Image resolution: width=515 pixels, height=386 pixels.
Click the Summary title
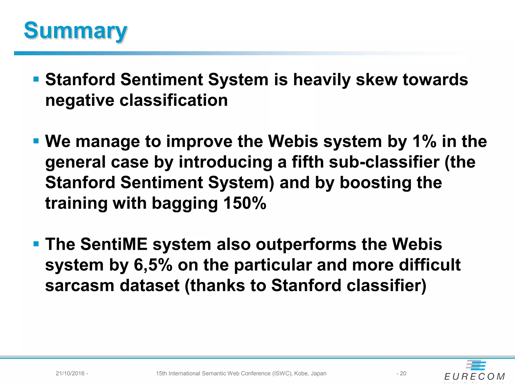click(x=75, y=31)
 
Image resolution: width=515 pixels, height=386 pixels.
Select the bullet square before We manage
click(x=36, y=141)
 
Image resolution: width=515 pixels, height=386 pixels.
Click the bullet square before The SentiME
click(x=36, y=244)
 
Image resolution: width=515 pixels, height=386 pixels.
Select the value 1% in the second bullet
click(x=424, y=141)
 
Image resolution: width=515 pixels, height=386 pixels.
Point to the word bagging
click(x=185, y=204)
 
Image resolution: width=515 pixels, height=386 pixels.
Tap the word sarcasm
click(x=79, y=286)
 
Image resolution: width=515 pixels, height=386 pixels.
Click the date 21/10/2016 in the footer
click(x=70, y=373)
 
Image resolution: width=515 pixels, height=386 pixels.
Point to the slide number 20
click(x=403, y=373)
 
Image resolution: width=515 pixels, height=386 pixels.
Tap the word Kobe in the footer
click(x=301, y=373)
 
